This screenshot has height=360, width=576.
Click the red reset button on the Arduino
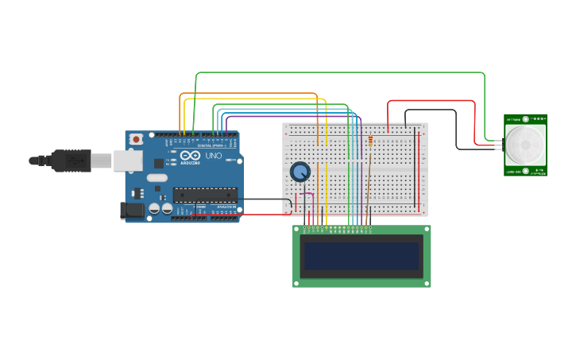point(136,139)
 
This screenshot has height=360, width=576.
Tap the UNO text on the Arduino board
point(214,157)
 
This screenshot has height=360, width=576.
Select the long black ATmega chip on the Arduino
point(205,194)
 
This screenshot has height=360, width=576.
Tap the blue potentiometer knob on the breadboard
point(300,172)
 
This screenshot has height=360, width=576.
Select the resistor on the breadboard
point(370,142)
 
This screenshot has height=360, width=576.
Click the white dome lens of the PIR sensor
point(525,145)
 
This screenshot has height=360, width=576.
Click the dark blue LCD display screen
point(361,256)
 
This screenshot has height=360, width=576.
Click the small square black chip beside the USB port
point(158,163)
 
